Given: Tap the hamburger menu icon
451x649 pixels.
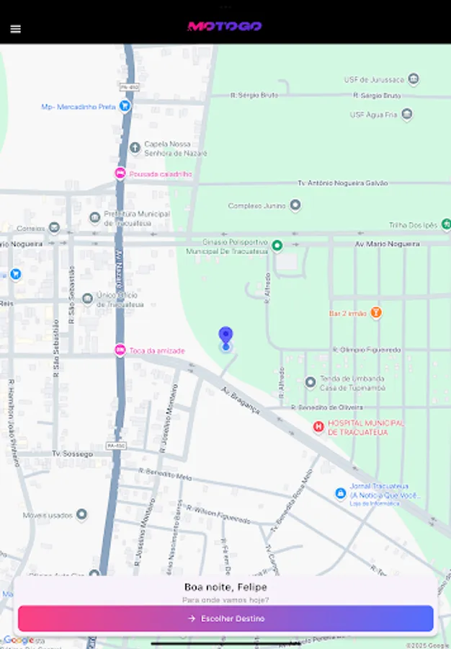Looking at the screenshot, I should (15, 29).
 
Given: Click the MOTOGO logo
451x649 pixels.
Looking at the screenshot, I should (225, 27).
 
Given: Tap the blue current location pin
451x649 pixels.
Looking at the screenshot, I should (225, 337).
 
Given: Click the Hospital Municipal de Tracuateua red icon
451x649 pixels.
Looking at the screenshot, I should (318, 428).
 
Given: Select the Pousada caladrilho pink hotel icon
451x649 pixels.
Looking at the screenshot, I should (120, 174).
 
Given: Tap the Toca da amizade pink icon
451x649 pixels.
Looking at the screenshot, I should (120, 350).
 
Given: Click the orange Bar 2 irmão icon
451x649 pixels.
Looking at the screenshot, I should (376, 313).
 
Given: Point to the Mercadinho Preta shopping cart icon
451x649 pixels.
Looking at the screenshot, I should (125, 106).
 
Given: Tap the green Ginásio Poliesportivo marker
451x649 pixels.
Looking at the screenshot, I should (277, 246).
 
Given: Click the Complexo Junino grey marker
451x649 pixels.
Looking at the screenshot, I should (295, 206).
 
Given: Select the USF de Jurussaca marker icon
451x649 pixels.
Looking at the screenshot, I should (414, 79).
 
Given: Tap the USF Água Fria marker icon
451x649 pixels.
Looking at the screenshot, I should (407, 115).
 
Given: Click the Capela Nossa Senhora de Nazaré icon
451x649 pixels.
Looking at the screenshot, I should (135, 148).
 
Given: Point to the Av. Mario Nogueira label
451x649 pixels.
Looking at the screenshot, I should (387, 244).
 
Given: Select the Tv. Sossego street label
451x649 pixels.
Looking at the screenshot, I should (72, 454).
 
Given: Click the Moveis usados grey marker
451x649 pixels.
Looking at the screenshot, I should (81, 515).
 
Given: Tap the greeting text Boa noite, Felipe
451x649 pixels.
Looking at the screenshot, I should (225, 587).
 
